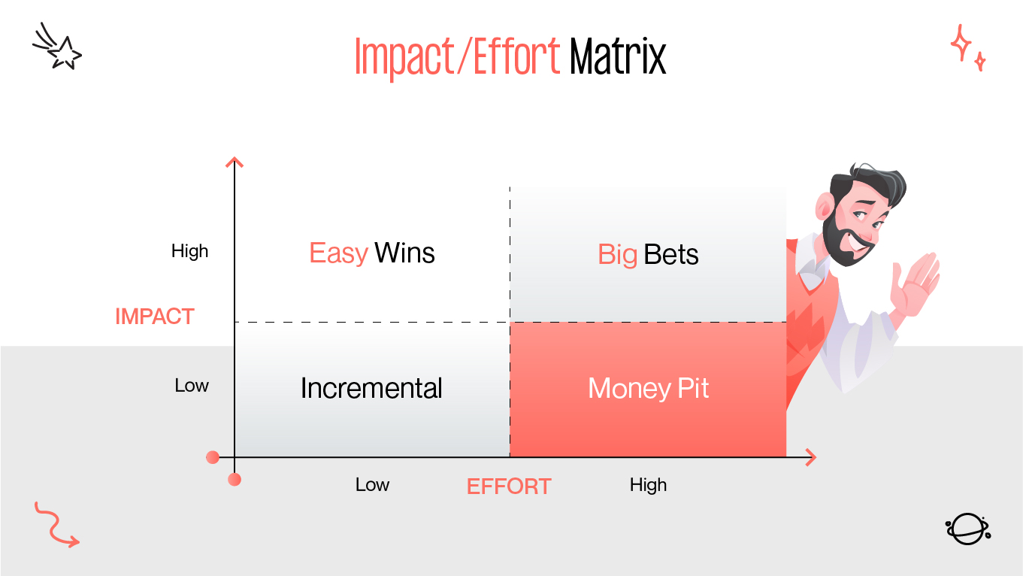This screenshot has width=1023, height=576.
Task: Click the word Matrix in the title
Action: pos(618,56)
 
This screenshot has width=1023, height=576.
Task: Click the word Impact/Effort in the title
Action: pos(457,56)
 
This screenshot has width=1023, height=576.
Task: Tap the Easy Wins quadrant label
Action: pos(372,253)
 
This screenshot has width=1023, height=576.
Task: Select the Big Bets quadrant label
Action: pos(648,255)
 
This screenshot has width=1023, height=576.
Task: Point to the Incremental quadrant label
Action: pos(371,388)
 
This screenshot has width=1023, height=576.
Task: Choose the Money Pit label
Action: pos(648,388)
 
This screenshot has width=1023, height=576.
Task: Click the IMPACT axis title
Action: pos(155,317)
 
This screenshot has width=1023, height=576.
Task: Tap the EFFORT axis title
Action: pos(509,487)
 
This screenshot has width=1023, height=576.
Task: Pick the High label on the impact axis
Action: pos(189,251)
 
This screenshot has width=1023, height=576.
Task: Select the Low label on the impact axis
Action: pos(192,386)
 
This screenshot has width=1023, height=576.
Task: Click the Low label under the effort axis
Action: pos(372,485)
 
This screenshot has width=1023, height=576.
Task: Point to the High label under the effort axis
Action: pos(648,485)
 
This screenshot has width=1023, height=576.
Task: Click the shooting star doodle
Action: pos(58,47)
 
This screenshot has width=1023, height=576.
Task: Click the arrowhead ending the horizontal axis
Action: pos(810,456)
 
